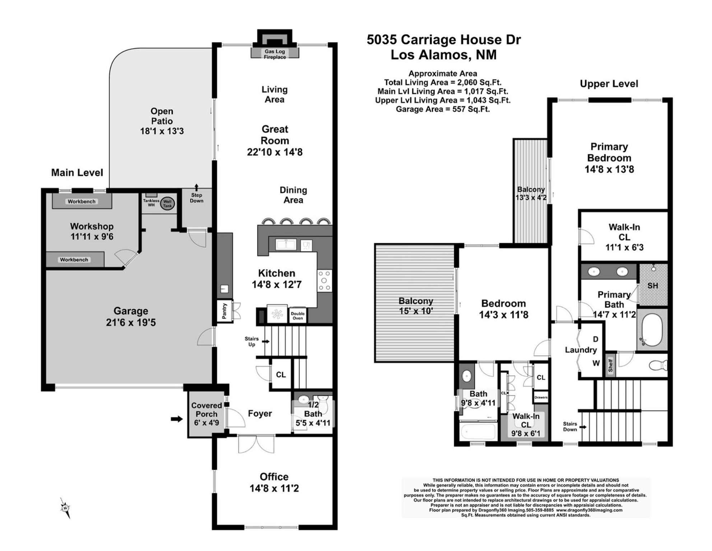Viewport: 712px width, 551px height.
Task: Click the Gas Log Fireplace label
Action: pyautogui.click(x=275, y=54)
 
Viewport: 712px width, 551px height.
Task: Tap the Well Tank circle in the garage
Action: pyautogui.click(x=167, y=203)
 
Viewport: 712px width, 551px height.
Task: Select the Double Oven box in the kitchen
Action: pyautogui.click(x=298, y=316)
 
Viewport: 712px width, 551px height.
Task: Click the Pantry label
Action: pyautogui.click(x=224, y=311)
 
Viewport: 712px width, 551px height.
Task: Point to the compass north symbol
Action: pyautogui.click(x=65, y=508)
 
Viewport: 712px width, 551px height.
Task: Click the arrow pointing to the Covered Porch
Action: pyautogui.click(x=177, y=419)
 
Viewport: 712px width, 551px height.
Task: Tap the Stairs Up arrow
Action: pyautogui.click(x=266, y=342)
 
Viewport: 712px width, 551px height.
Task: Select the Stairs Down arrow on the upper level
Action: pyautogui.click(x=583, y=427)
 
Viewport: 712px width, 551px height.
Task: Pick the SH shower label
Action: pyautogui.click(x=653, y=286)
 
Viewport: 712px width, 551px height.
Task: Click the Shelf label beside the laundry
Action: pyautogui.click(x=610, y=366)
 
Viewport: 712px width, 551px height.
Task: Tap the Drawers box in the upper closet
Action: pyautogui.click(x=541, y=397)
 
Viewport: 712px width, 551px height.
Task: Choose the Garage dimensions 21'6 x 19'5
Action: pyautogui.click(x=131, y=322)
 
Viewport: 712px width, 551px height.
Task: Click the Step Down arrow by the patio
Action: pyautogui.click(x=196, y=187)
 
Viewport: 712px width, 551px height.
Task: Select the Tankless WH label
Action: pyautogui.click(x=151, y=203)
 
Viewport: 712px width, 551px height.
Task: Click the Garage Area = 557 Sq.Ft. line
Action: pyautogui.click(x=443, y=109)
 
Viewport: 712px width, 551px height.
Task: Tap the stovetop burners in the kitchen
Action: pyautogui.click(x=325, y=281)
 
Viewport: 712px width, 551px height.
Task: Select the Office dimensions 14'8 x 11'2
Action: pyautogui.click(x=274, y=488)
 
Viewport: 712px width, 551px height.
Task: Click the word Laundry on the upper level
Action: pyautogui.click(x=581, y=350)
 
